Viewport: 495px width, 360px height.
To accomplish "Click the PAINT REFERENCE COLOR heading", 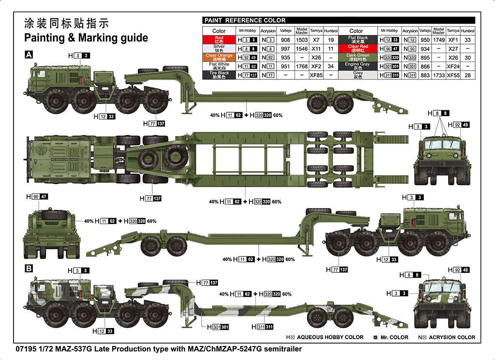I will pos(245,20).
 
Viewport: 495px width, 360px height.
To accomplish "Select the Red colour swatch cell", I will pos(219,40).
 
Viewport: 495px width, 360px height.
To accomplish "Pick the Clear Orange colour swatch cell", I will pos(219,57).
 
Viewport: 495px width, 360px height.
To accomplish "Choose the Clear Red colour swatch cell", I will pos(358,48).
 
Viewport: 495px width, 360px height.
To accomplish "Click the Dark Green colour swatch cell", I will pos(358,57).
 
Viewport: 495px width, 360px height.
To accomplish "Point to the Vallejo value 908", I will pos(285,40).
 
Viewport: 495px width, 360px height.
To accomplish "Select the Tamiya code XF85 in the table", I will pos(316,75).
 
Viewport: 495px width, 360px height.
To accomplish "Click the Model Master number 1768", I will pos(302,66).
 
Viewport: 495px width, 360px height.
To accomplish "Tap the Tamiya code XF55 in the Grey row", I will pos(453,75).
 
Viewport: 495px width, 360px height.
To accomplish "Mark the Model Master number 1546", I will pos(302,48).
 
